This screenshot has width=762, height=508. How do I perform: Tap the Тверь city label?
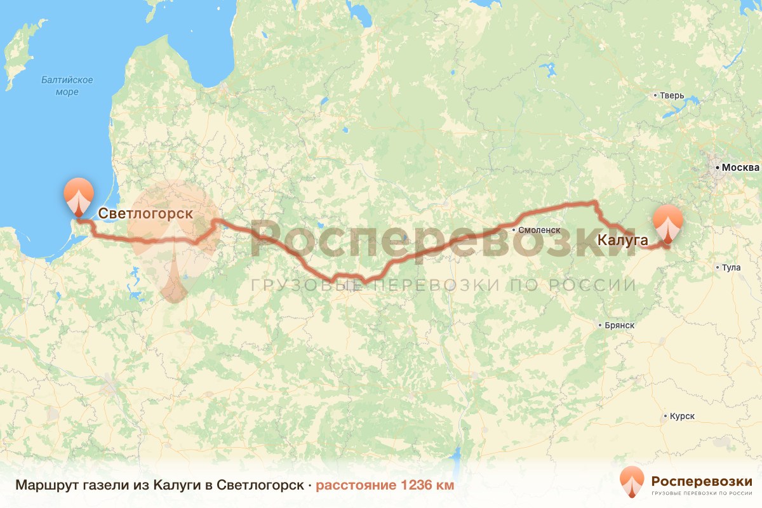(672, 96)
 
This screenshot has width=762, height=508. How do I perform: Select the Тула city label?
(732, 268)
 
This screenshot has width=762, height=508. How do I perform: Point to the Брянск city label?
(618, 325)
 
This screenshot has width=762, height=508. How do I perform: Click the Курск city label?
(681, 417)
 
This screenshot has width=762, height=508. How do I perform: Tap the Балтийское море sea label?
(67, 86)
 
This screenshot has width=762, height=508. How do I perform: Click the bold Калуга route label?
(622, 240)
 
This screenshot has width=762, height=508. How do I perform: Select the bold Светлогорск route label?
(145, 213)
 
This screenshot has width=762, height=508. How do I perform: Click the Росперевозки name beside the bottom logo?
(702, 479)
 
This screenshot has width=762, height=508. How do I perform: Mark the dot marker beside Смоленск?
(514, 229)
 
